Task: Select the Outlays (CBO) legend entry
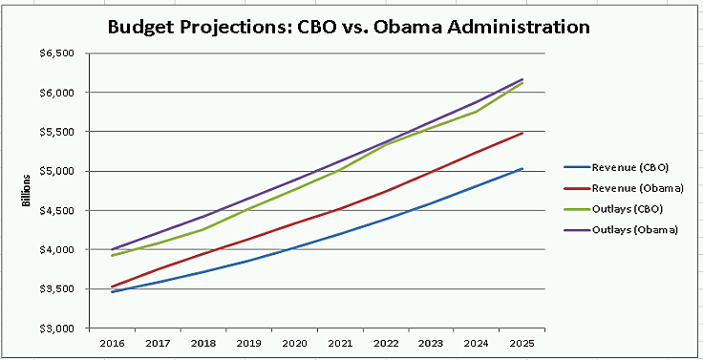pos(626,208)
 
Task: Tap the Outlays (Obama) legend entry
pos(630,229)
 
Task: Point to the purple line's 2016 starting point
pos(113,249)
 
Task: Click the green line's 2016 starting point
pos(113,255)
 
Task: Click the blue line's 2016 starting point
pos(113,291)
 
